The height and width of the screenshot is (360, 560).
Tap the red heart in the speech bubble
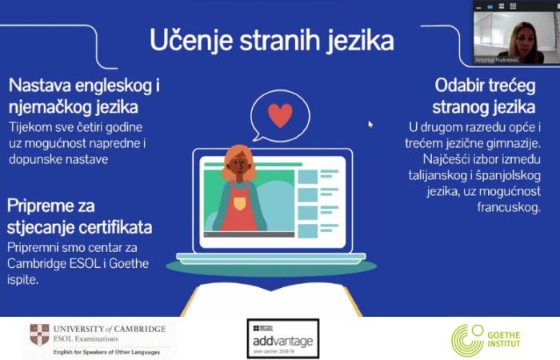(x=279, y=115)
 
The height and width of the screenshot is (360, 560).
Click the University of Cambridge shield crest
(x=39, y=334)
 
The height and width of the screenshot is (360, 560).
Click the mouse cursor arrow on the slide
(x=370, y=125)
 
